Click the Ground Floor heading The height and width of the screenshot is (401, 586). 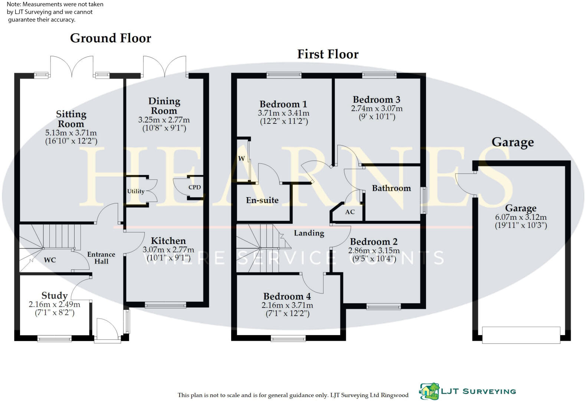click(111, 38)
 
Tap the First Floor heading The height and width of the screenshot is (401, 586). click(328, 54)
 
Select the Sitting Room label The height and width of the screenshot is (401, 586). click(71, 119)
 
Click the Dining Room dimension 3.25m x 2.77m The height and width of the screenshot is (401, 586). click(164, 120)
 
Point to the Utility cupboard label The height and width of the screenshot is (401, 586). click(135, 191)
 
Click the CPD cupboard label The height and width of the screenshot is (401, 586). click(194, 187)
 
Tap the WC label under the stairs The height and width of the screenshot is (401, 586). click(50, 260)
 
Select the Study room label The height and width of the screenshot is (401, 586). click(55, 295)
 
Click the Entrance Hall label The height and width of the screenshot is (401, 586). click(101, 258)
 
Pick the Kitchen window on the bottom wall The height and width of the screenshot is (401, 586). click(165, 305)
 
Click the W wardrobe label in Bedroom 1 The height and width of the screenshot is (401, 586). click(241, 159)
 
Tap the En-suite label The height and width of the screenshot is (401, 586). click(262, 200)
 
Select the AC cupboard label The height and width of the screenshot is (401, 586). click(350, 212)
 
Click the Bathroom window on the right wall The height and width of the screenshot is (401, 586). click(423, 200)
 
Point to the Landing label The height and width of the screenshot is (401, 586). click(309, 233)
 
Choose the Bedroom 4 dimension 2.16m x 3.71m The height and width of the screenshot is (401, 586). click(287, 305)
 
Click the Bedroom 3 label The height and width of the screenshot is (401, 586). click(376, 99)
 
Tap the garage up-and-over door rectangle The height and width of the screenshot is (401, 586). click(521, 335)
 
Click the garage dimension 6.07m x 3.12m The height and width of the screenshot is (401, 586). click(521, 217)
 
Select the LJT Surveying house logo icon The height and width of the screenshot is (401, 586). click(429, 391)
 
